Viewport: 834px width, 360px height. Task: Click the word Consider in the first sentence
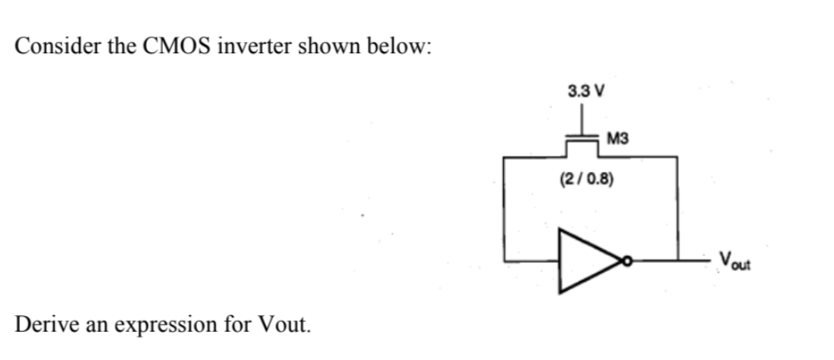pos(57,46)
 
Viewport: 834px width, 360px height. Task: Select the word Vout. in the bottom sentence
pos(287,322)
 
